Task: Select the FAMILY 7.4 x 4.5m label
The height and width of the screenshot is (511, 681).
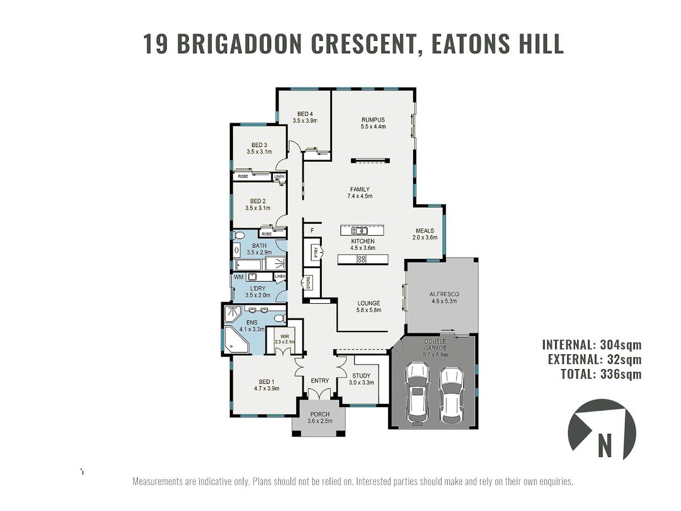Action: [x=360, y=192]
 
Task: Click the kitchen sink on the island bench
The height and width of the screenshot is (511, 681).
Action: [x=360, y=231]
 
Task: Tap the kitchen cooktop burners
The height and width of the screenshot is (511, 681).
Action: [x=361, y=259]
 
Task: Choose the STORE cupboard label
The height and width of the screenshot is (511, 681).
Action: [x=308, y=283]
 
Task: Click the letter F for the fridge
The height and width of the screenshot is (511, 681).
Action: [x=312, y=231]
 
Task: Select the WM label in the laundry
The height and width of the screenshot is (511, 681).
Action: [x=238, y=277]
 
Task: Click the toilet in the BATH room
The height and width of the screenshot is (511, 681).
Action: [x=238, y=235]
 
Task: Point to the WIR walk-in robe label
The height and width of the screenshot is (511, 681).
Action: [x=284, y=336]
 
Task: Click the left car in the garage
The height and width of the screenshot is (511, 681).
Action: [x=417, y=393]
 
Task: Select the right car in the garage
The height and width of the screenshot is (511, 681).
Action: [x=451, y=395]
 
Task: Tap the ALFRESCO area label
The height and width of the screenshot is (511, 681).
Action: [x=444, y=294]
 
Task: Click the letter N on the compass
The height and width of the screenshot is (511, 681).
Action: [x=605, y=445]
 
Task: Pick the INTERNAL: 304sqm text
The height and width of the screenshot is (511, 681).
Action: [x=592, y=345]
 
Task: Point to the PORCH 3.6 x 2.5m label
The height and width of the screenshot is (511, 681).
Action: [x=320, y=418]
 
